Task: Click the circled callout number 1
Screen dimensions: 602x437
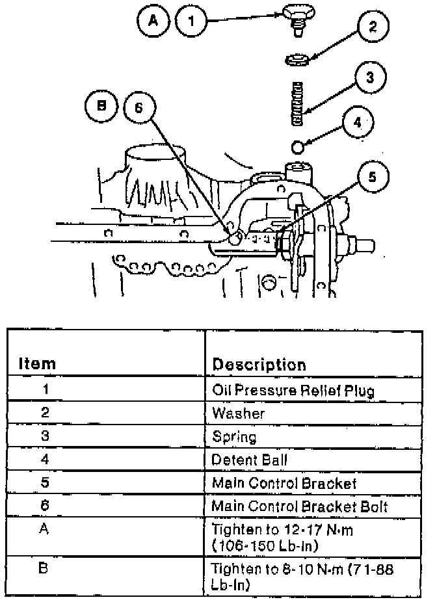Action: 191,21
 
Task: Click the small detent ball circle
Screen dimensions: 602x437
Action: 298,144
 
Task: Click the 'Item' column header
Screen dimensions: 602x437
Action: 36,363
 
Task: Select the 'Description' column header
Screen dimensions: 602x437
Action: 259,364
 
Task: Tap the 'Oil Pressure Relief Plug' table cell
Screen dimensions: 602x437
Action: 293,391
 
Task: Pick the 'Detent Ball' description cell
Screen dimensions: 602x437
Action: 250,460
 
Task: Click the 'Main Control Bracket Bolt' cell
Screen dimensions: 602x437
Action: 304,506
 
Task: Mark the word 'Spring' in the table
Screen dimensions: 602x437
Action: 234,437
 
